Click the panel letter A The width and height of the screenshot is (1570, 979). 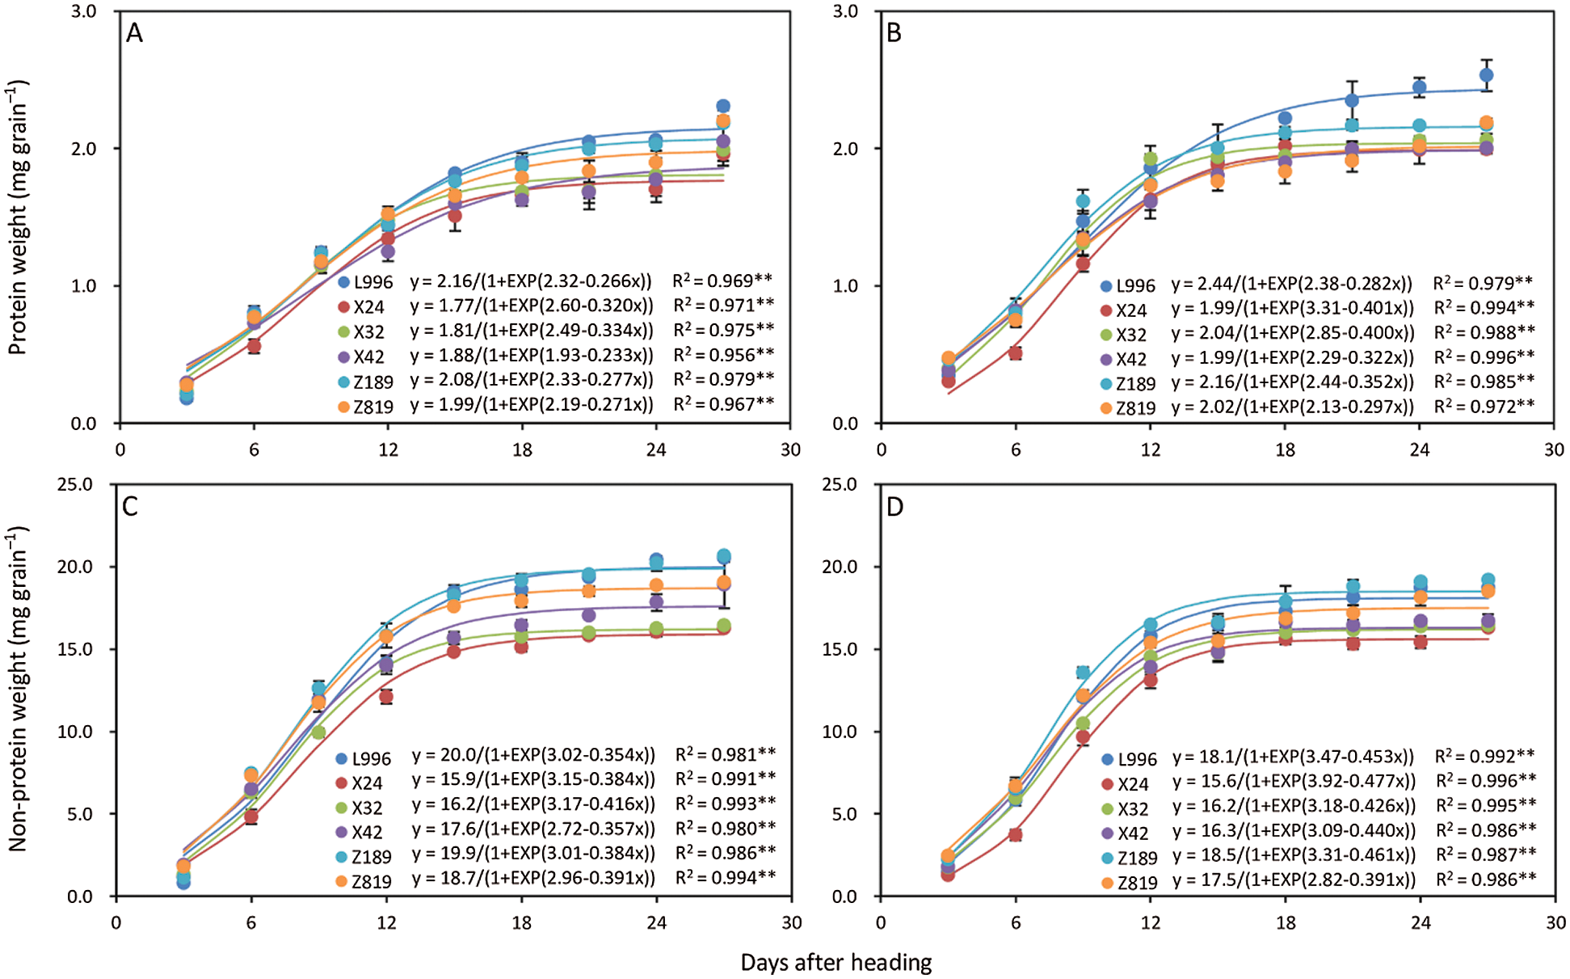pyautogui.click(x=134, y=33)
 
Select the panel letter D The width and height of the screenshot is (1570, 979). pyautogui.click(x=894, y=507)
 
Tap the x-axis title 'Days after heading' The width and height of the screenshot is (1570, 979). pyautogui.click(x=836, y=962)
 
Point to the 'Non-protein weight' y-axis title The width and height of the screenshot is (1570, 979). pyautogui.click(x=18, y=688)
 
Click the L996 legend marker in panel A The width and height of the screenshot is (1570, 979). pyautogui.click(x=343, y=282)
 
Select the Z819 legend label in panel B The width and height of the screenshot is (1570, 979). pyautogui.click(x=1135, y=408)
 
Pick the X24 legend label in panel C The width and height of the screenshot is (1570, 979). pyautogui.click(x=368, y=783)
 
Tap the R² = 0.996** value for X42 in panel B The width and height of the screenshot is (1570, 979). pyautogui.click(x=1484, y=357)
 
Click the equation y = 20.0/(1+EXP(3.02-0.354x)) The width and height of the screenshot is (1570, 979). pyautogui.click(x=533, y=755)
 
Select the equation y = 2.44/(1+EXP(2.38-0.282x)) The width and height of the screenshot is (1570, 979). pyautogui.click(x=1292, y=283)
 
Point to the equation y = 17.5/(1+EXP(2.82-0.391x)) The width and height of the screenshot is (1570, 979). pyautogui.click(x=1294, y=880)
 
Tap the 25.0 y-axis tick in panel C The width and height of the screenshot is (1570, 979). pyautogui.click(x=77, y=485)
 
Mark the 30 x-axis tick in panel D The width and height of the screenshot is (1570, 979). pyautogui.click(x=1555, y=922)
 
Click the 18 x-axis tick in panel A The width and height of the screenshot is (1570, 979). pyautogui.click(x=522, y=449)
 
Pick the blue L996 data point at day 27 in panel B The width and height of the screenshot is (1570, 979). pyautogui.click(x=1486, y=75)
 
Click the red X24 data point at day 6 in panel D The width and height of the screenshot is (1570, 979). pyautogui.click(x=1016, y=834)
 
